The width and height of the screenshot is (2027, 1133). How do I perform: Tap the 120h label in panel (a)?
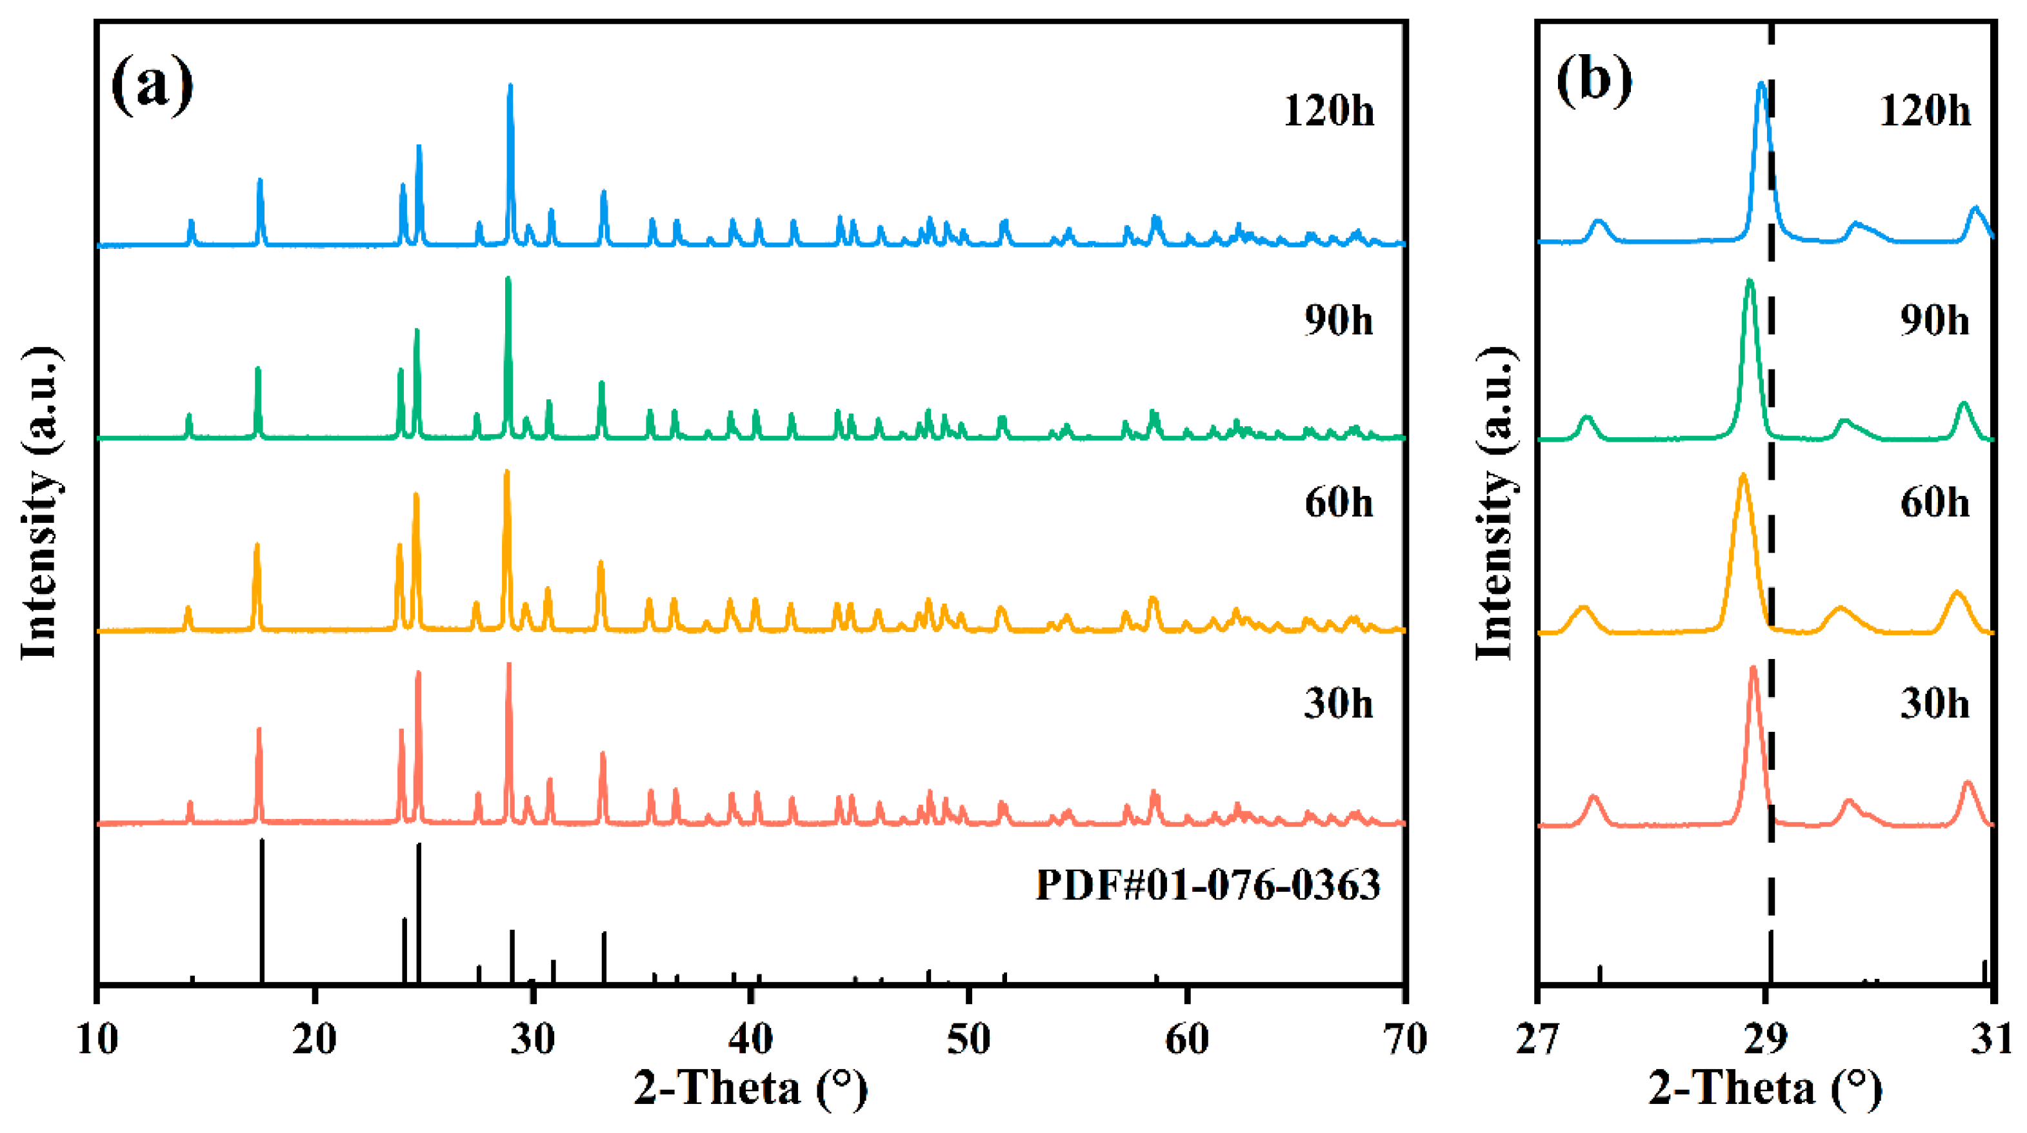click(1328, 111)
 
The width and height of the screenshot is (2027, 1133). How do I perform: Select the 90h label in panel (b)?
click(1935, 321)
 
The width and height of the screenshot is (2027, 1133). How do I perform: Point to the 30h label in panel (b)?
click(1935, 704)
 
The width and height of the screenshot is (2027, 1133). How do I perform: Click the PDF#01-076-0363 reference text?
click(1207, 885)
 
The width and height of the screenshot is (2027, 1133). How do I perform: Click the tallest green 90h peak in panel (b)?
click(1749, 282)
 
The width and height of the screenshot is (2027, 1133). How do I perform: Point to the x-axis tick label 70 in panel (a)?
click(1404, 1040)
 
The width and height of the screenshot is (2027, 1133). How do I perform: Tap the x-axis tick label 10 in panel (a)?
click(97, 1040)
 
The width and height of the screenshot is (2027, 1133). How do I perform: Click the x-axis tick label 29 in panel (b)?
click(1766, 1040)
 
